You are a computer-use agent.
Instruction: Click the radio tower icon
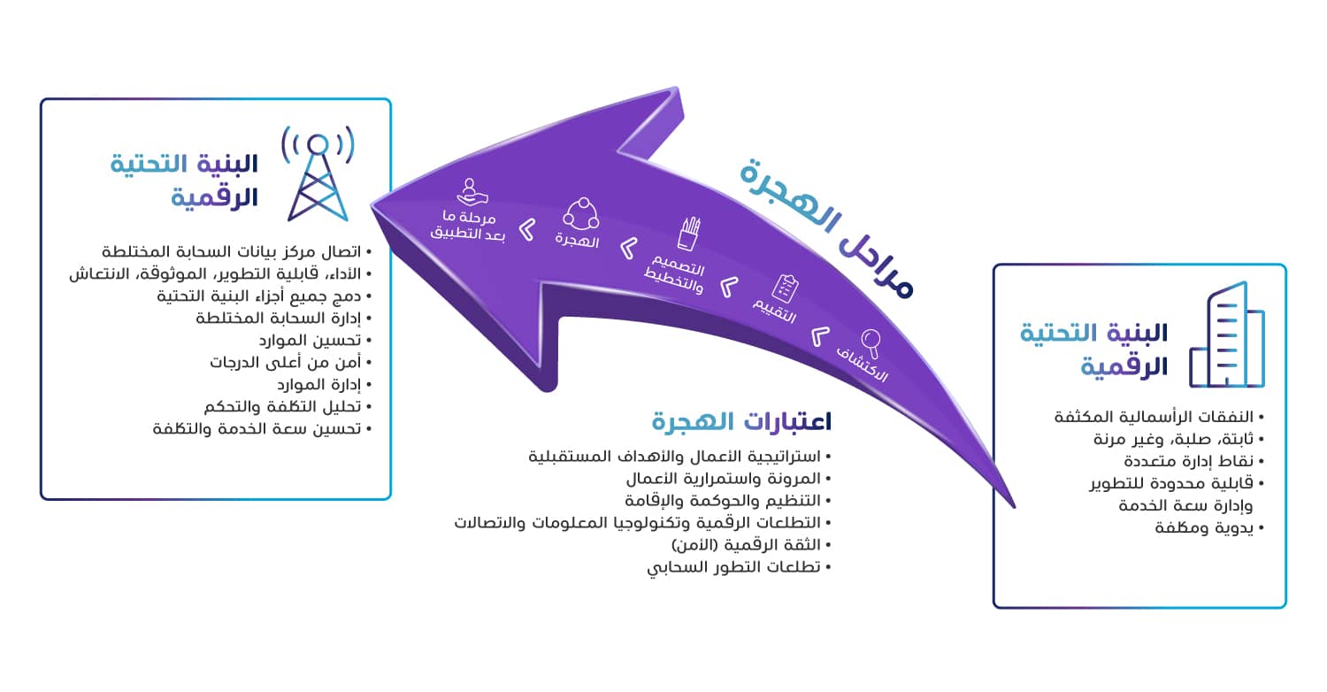click(x=318, y=173)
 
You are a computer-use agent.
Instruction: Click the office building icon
click(x=1227, y=334)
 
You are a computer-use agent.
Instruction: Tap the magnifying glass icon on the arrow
click(x=871, y=342)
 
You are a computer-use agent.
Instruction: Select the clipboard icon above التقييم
click(x=785, y=288)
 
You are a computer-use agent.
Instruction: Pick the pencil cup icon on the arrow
click(x=688, y=234)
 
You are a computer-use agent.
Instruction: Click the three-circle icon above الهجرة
click(x=581, y=213)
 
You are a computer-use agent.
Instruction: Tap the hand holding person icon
click(x=472, y=192)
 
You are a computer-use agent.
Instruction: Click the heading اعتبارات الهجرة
click(x=741, y=421)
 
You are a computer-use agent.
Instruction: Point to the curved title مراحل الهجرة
click(x=825, y=228)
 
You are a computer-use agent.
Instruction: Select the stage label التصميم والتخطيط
click(x=675, y=273)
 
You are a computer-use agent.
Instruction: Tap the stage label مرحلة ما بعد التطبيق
click(x=468, y=226)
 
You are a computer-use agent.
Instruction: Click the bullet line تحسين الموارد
click(x=315, y=340)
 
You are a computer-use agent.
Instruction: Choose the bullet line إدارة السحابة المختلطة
click(x=283, y=319)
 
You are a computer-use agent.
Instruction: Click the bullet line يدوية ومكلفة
click(x=1209, y=527)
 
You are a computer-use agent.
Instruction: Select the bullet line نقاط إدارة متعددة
click(x=1193, y=461)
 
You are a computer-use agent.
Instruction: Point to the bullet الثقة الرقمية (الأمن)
click(x=751, y=544)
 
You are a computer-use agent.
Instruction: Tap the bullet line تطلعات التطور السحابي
click(x=739, y=567)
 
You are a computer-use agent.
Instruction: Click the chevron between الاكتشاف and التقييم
click(x=820, y=336)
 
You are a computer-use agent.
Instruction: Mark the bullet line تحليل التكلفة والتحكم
click(x=288, y=406)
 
